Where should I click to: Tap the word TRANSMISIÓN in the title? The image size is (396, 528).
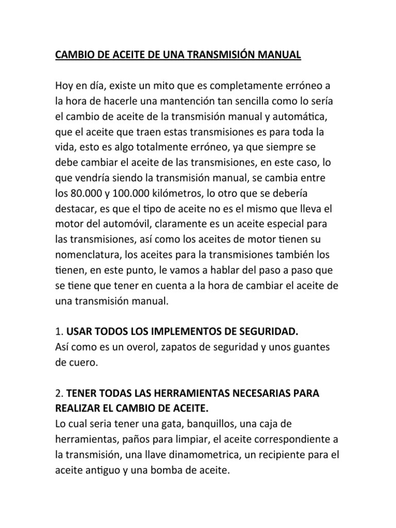tap(204, 55)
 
